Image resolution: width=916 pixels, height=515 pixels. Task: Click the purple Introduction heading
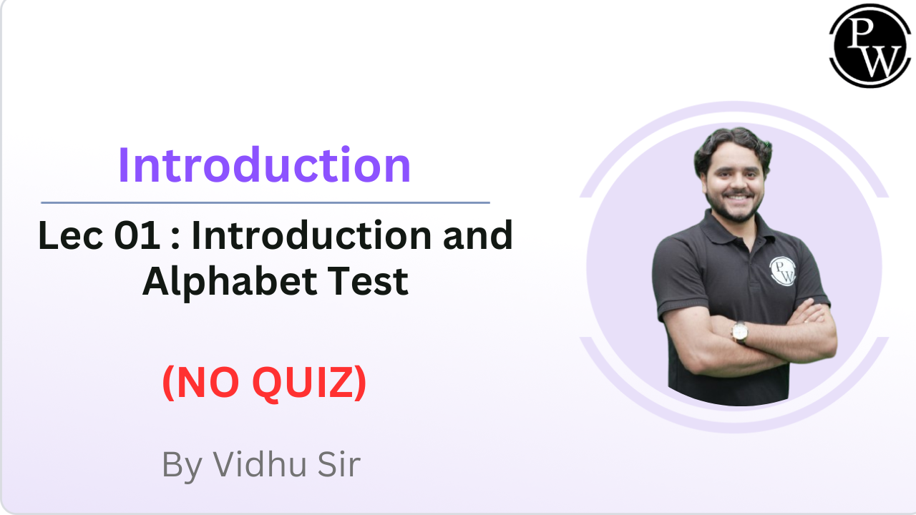pyautogui.click(x=264, y=165)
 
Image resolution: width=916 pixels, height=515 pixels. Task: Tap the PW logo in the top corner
pyautogui.click(x=869, y=45)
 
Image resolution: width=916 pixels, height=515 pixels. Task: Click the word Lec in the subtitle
pyautogui.click(x=70, y=235)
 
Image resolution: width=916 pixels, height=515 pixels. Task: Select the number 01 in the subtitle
pyautogui.click(x=137, y=235)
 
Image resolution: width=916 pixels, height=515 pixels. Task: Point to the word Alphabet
pyautogui.click(x=230, y=282)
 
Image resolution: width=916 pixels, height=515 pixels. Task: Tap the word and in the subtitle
pyautogui.click(x=477, y=235)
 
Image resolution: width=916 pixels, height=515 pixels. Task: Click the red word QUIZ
pyautogui.click(x=309, y=383)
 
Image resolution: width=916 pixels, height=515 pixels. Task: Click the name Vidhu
pyautogui.click(x=259, y=464)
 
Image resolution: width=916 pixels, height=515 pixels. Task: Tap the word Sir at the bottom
pyautogui.click(x=339, y=464)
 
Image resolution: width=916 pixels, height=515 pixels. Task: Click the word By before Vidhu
pyautogui.click(x=182, y=466)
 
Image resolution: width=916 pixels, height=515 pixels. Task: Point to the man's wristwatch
pyautogui.click(x=740, y=332)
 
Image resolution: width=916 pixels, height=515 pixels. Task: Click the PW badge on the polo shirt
pyautogui.click(x=783, y=271)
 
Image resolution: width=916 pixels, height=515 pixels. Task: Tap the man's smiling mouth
pyautogui.click(x=737, y=198)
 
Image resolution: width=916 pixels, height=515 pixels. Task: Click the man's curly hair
pyautogui.click(x=732, y=148)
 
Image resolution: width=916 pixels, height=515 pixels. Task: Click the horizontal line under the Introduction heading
pyautogui.click(x=265, y=202)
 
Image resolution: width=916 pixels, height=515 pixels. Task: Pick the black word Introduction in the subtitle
pyautogui.click(x=311, y=235)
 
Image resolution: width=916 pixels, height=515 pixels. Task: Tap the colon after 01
pyautogui.click(x=175, y=239)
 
